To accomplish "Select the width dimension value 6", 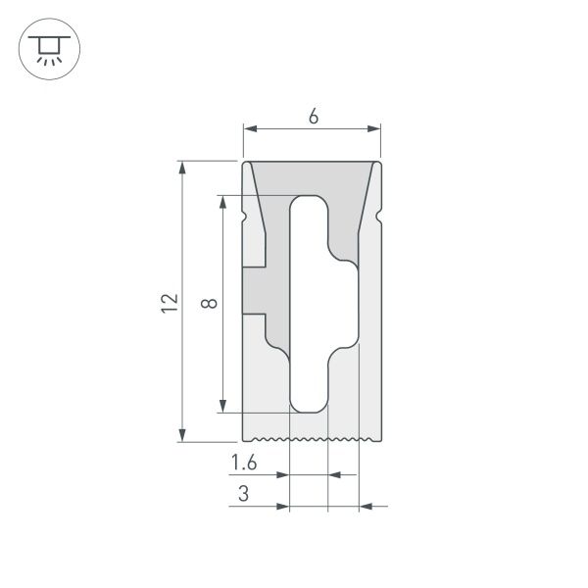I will [x=313, y=117].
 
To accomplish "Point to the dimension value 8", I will [x=208, y=304].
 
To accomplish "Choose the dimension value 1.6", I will [x=245, y=463].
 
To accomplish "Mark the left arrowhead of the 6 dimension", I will [x=249, y=128].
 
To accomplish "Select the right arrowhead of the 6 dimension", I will [x=374, y=128].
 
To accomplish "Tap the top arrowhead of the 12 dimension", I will [x=183, y=168].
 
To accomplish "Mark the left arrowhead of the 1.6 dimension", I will [x=284, y=475].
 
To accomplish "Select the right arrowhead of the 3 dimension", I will [x=366, y=507].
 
